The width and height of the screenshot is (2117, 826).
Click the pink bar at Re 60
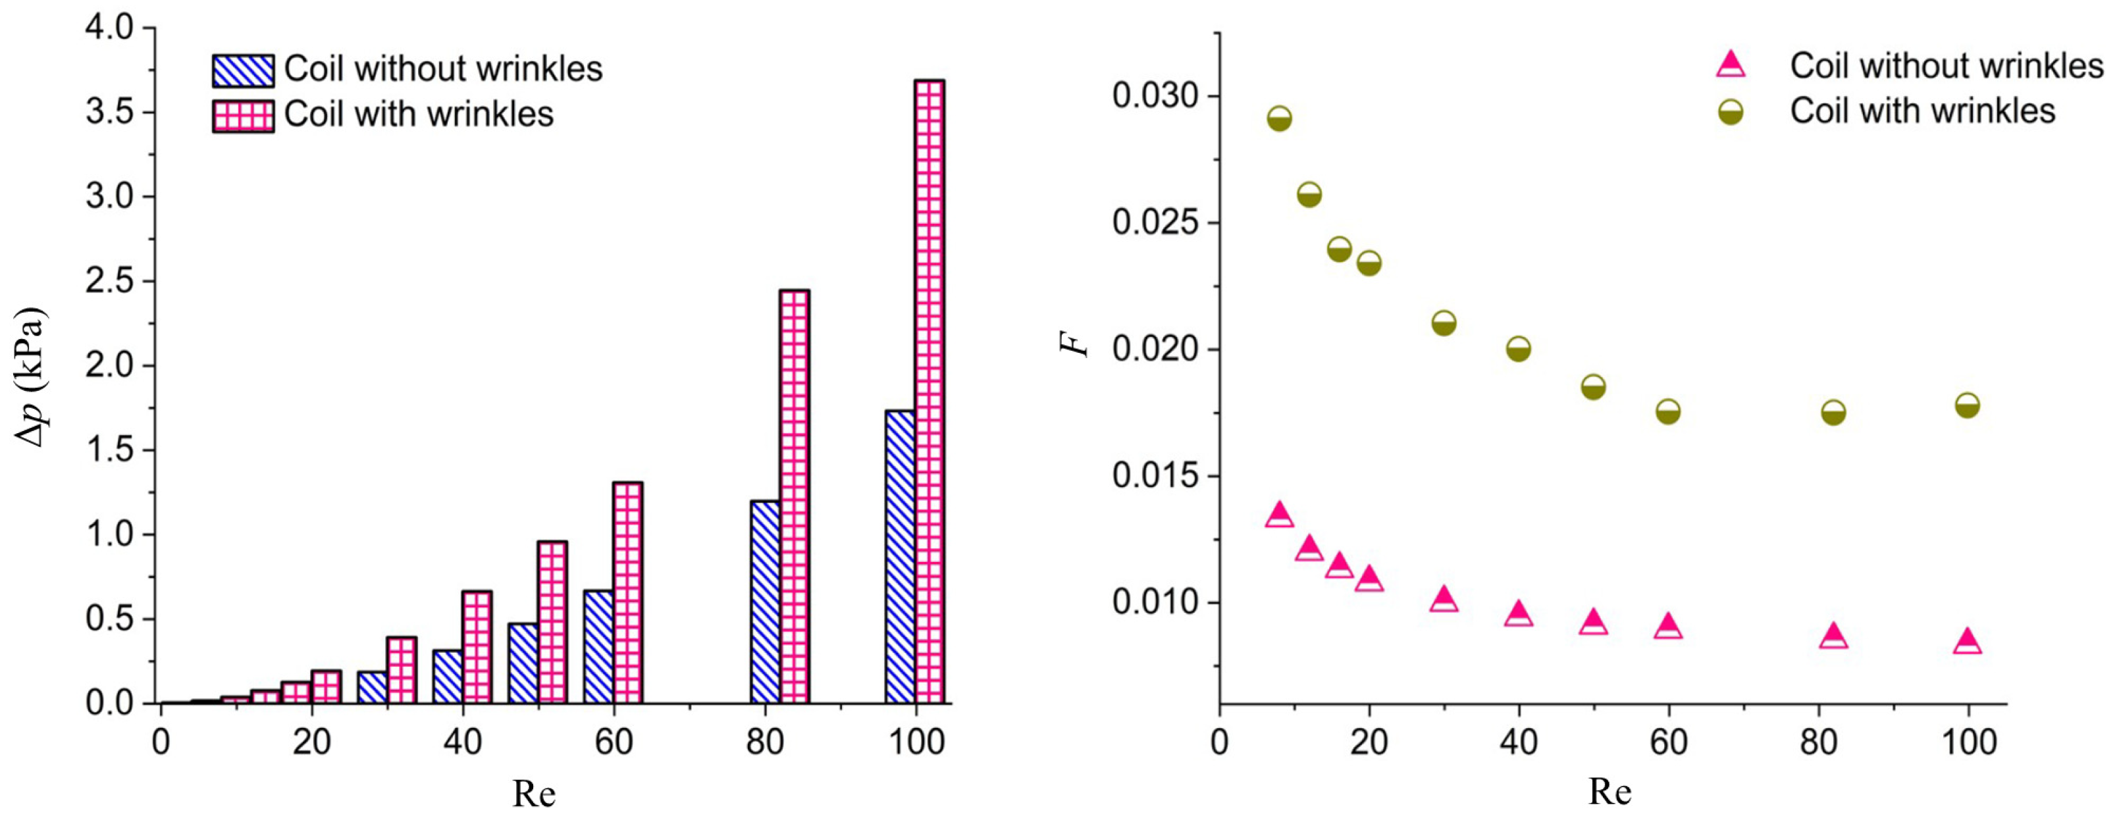628,592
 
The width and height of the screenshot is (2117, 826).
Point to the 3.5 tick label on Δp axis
109,113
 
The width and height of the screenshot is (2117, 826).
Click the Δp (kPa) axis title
31,377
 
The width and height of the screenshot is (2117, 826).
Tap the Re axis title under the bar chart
534,794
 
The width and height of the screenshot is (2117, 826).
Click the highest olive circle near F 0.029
1280,119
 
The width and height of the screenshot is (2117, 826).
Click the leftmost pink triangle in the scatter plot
1280,515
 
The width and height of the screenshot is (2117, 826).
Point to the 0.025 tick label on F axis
1155,222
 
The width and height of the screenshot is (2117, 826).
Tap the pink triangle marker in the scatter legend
1731,66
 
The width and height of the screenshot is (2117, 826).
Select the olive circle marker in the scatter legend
1731,113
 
